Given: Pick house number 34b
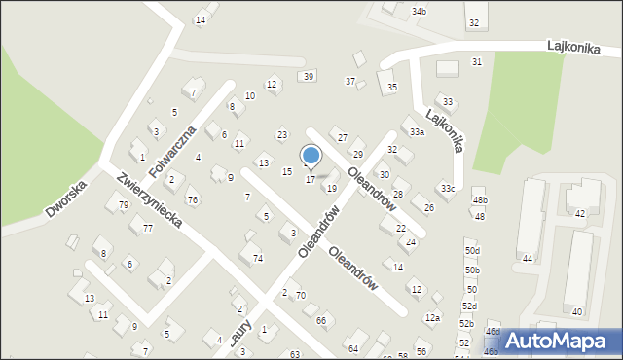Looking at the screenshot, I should pos(419,11).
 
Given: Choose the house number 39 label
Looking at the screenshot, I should pos(309,76).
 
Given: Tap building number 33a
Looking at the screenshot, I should pos(417,131).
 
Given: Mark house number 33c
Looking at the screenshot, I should pos(447,188).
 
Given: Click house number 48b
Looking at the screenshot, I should pos(480,200).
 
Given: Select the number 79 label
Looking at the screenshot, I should pos(124,205).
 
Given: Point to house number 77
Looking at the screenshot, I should pos(148,228).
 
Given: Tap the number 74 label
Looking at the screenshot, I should pos(258,258).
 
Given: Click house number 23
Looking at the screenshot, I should pos(282,134).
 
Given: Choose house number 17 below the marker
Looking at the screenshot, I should pos(311,180).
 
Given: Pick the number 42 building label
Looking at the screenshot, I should pos(580,213).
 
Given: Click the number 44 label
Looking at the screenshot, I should pos(528,258).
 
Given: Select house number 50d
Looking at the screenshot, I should pos(472,251).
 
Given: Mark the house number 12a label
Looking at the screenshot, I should pos(432,317).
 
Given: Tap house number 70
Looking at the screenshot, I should pos(301,295).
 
